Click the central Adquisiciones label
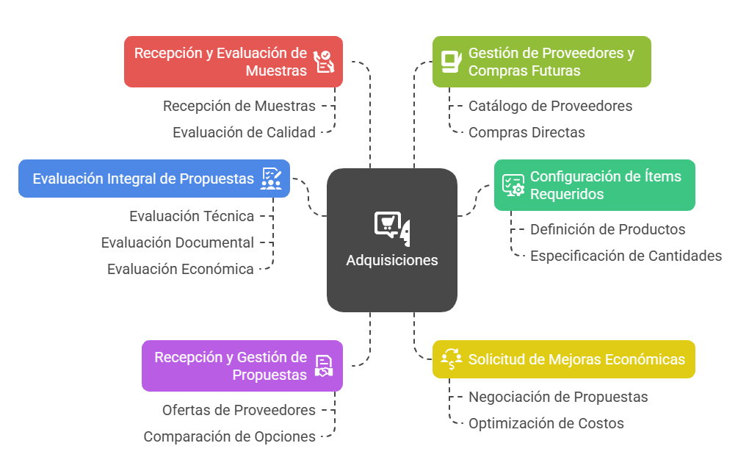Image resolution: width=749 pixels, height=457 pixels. point(391,260)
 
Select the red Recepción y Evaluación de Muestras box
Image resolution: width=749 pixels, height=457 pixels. point(233,62)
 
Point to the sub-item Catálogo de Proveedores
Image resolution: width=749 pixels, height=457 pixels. point(550,106)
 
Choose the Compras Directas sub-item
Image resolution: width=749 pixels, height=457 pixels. point(527,132)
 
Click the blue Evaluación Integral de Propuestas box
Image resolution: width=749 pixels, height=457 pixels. point(153,179)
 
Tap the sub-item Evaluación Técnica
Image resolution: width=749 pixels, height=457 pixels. point(192,216)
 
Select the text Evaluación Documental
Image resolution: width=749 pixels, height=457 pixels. point(177,242)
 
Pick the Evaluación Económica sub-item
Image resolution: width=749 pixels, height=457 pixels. point(180,269)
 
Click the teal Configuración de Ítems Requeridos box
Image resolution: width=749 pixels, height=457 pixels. point(594,185)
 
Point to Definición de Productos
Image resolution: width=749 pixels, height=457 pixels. point(607,229)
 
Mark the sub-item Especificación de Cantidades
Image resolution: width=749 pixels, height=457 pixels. point(626,256)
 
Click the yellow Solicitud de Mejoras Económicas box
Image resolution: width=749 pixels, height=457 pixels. point(563,359)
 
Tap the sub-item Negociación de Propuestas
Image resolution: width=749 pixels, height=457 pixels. point(558,397)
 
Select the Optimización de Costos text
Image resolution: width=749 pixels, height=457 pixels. point(546,423)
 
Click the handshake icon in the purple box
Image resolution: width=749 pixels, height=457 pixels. point(324,366)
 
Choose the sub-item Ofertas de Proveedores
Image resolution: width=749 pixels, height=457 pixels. point(239,410)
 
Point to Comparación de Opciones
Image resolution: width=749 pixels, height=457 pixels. point(229,436)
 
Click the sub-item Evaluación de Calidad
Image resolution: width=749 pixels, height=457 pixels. point(244,132)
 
